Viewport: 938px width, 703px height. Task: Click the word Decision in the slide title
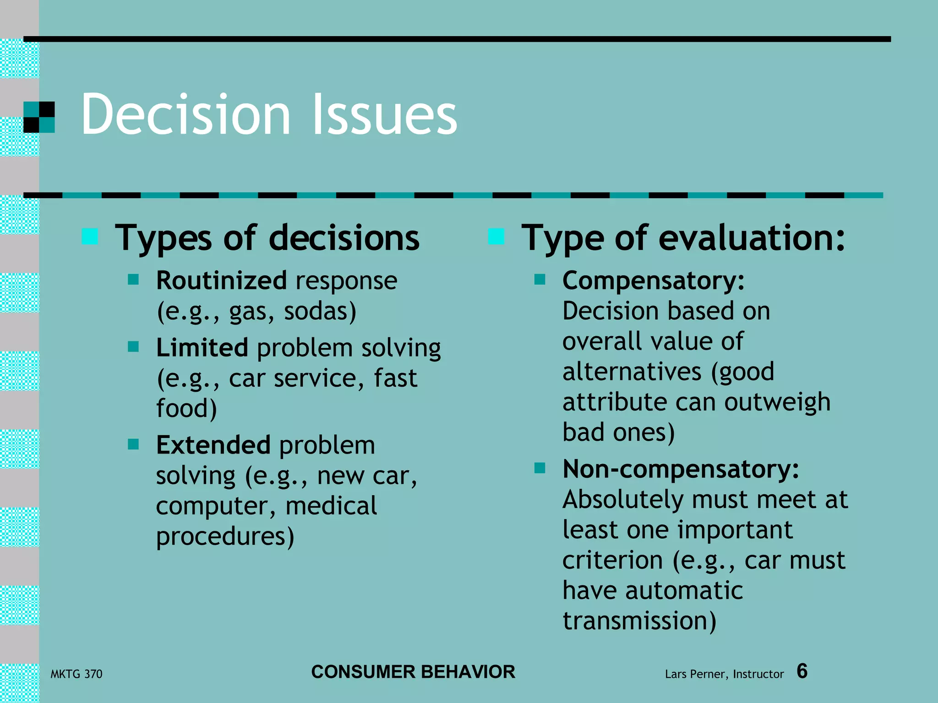tap(185, 114)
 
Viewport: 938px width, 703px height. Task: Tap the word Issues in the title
tap(385, 114)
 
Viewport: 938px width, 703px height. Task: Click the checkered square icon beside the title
tap(39, 117)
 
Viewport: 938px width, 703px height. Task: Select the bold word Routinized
tap(221, 281)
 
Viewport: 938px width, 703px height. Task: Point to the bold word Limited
tap(202, 348)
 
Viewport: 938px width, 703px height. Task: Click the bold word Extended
tap(213, 445)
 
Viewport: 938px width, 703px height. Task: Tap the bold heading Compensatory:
tap(654, 281)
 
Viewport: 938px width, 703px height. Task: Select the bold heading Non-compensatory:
tap(681, 469)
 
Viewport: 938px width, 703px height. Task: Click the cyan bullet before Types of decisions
tap(90, 237)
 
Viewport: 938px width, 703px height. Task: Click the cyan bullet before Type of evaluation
tap(496, 237)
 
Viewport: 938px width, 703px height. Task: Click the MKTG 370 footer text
tap(76, 674)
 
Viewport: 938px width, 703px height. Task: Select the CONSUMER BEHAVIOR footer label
tap(413, 672)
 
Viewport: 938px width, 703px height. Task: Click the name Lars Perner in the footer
tap(695, 674)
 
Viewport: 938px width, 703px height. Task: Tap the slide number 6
tap(802, 671)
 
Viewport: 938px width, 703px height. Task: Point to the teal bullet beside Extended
tap(133, 444)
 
